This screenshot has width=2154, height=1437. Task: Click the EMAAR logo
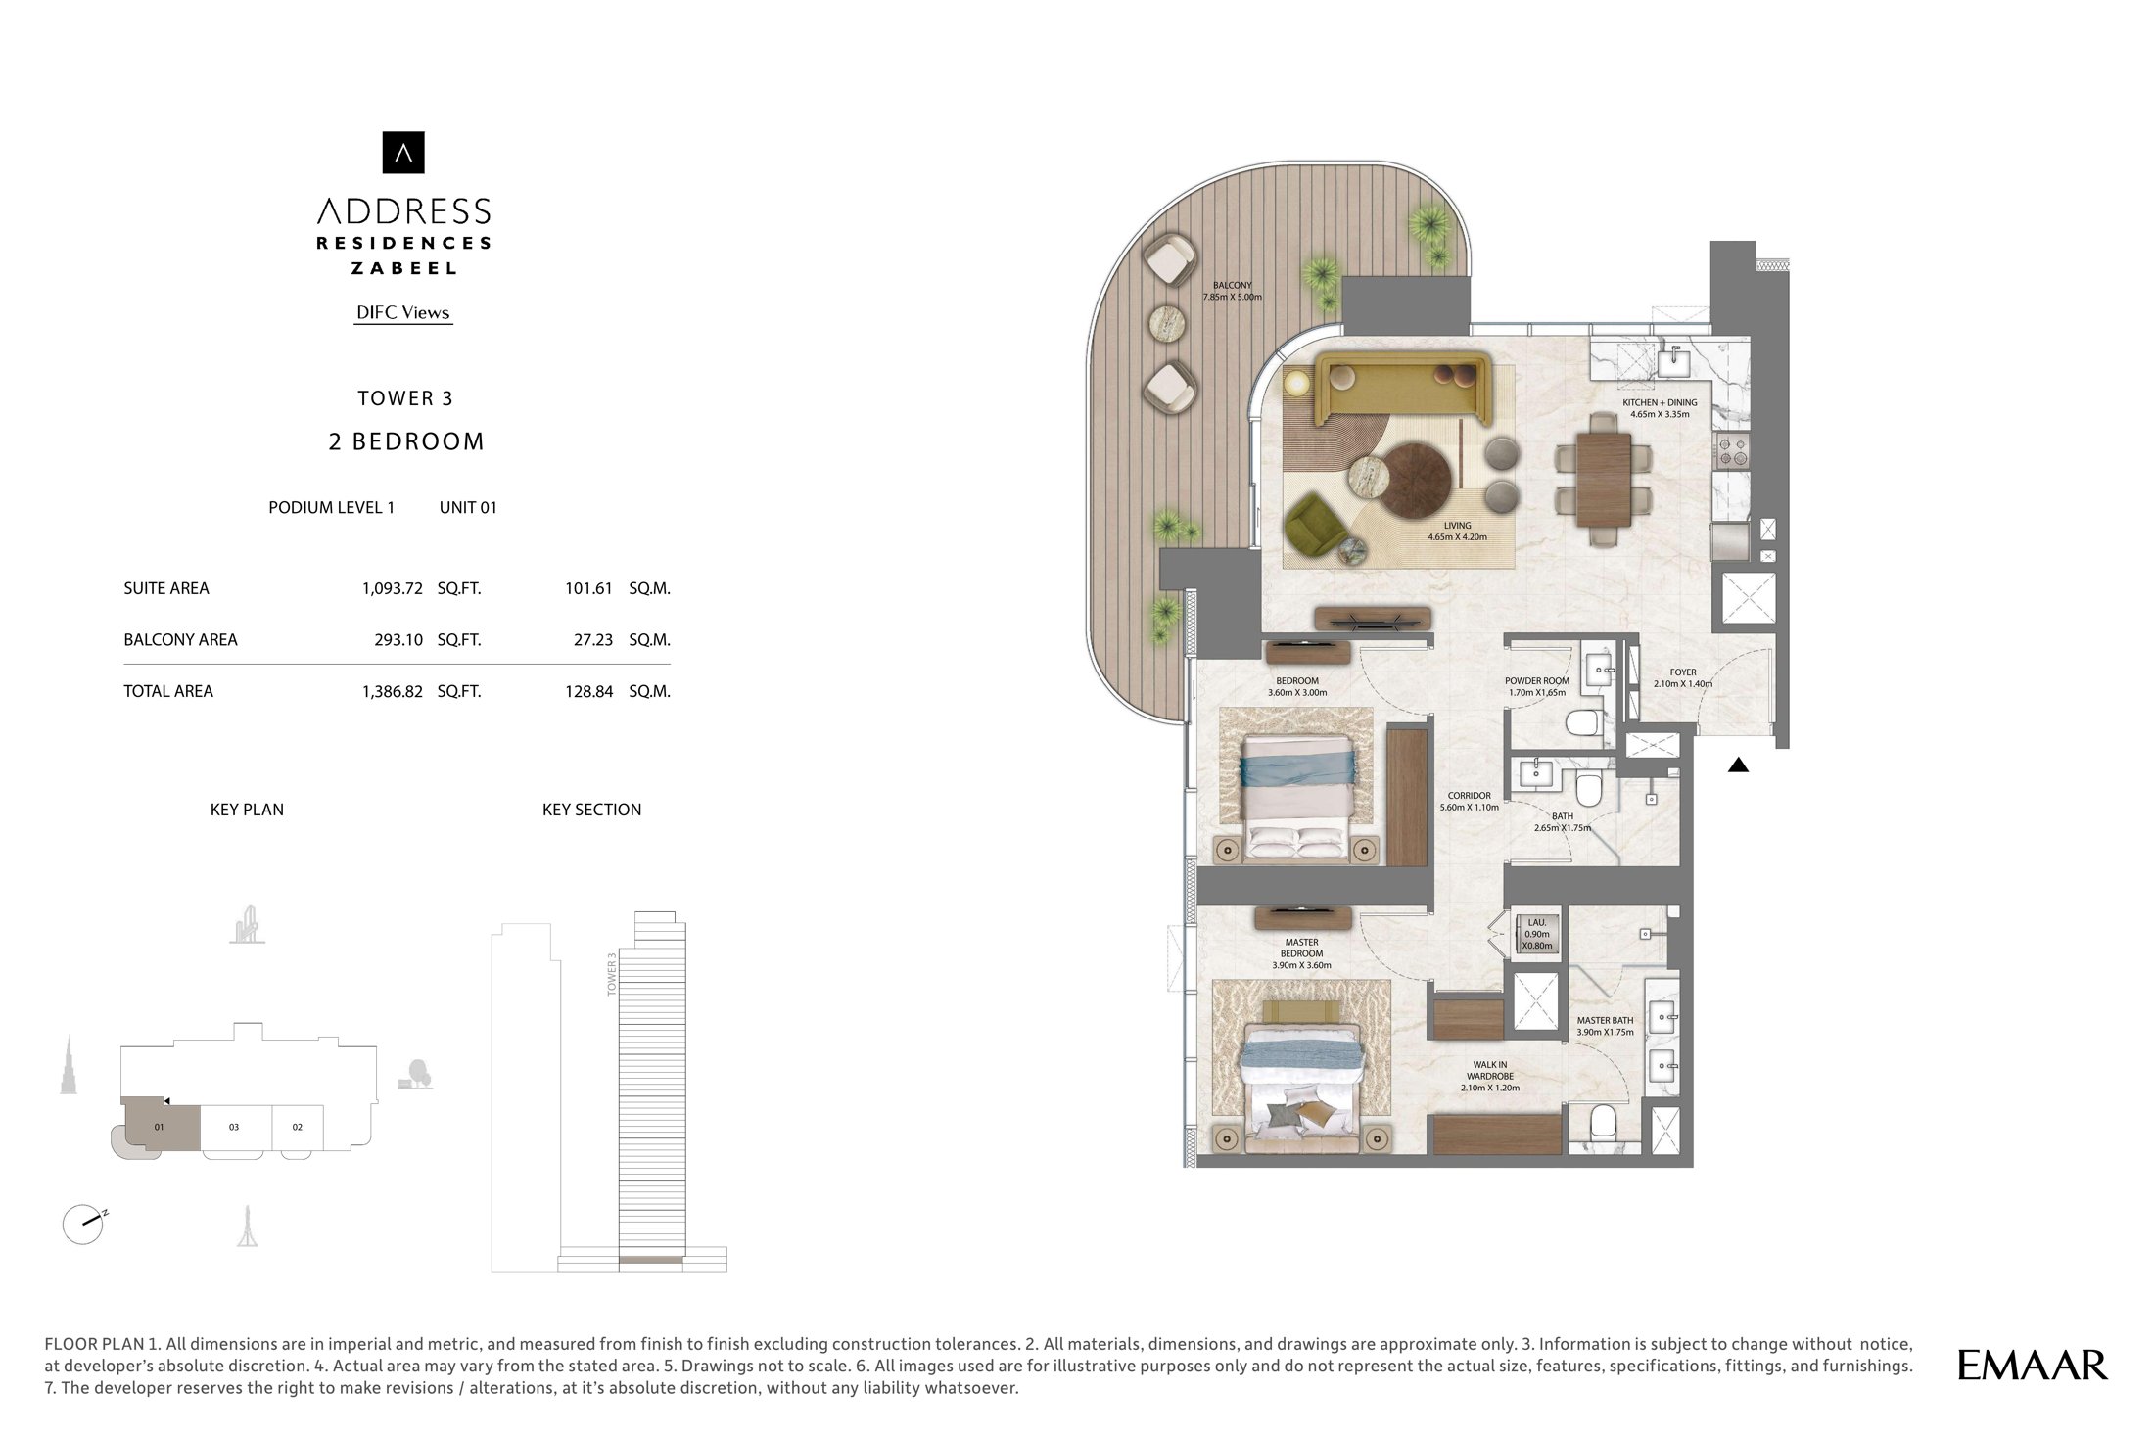pos(2033,1365)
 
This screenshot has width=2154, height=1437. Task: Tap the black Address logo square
pos(403,153)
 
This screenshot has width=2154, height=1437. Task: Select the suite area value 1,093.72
pos(393,588)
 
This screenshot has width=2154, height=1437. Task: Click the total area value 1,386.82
pos(393,691)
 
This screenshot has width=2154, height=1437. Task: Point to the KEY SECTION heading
pos(592,810)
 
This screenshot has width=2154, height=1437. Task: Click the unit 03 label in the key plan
pos(234,1127)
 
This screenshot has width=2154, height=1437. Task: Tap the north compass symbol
pos(84,1224)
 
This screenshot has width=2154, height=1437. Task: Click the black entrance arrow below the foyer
pos(1738,765)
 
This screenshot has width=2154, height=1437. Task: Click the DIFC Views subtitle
pos(403,313)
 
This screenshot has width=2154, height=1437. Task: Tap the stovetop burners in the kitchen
pos(1731,451)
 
